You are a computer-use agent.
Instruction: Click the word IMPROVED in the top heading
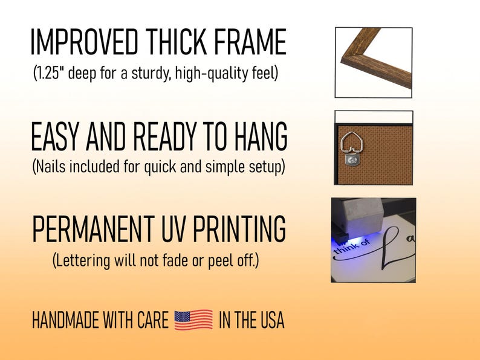[x=85, y=42]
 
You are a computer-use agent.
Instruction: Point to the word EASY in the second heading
[x=55, y=136]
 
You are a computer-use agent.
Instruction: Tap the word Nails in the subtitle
[x=50, y=167]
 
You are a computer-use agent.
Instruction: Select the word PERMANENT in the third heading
[x=93, y=229]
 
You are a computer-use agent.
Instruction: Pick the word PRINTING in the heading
[x=239, y=229]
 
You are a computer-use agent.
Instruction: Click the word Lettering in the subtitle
[x=82, y=261]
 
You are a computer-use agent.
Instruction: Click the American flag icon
[x=193, y=320]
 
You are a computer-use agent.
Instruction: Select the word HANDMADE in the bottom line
[x=66, y=320]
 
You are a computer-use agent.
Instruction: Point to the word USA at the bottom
[x=273, y=320]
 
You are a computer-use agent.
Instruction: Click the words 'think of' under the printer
[x=351, y=247]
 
